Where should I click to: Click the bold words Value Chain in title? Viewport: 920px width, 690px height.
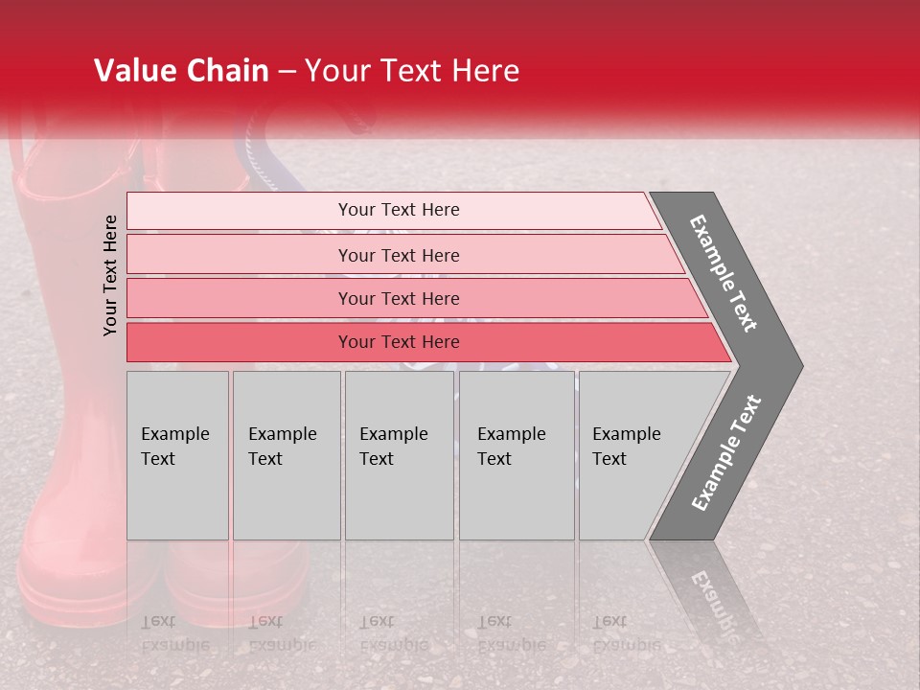click(x=181, y=71)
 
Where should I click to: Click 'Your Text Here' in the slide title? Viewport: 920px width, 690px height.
click(x=412, y=71)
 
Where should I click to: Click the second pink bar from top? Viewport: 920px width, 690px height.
click(x=398, y=255)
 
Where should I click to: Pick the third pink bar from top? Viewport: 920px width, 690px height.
click(x=398, y=298)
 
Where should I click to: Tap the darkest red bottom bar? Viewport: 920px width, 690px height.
click(x=398, y=342)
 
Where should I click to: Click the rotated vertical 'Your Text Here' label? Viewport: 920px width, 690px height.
click(x=110, y=275)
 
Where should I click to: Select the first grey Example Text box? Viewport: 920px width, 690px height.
click(x=177, y=454)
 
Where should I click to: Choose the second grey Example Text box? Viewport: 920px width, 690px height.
click(x=286, y=454)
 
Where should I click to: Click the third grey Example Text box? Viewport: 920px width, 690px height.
click(x=399, y=454)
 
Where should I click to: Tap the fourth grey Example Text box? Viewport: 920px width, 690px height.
click(x=516, y=454)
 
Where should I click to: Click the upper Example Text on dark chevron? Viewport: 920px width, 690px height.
click(x=724, y=273)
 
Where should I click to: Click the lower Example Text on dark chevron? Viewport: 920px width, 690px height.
click(x=725, y=453)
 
